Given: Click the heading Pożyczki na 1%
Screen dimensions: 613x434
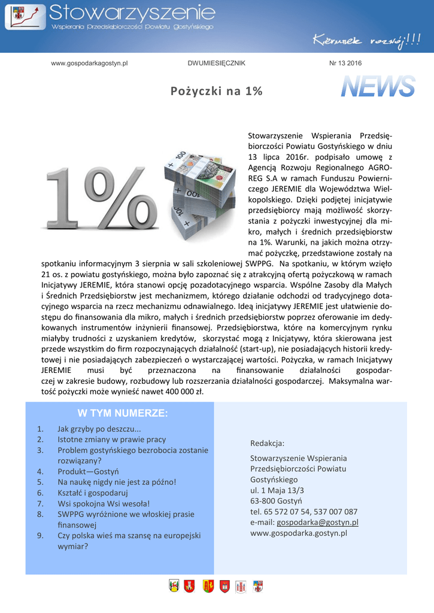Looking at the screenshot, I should [x=216, y=91].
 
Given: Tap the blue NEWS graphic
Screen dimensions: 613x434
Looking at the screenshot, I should [x=378, y=87].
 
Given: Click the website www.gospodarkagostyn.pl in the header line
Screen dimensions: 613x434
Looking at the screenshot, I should [x=90, y=63].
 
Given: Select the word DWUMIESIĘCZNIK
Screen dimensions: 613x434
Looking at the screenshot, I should [x=216, y=63].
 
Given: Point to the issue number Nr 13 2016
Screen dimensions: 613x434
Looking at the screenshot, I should [x=345, y=63].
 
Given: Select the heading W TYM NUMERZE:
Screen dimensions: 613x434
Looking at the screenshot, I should [x=123, y=414].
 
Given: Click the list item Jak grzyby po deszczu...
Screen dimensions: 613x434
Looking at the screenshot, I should [x=99, y=429].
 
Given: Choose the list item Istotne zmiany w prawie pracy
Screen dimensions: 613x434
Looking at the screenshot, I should [x=111, y=439].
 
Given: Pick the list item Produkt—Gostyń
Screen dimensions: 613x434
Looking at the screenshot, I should [x=88, y=471].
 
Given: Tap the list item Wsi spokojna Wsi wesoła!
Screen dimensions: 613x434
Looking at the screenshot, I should [x=104, y=503].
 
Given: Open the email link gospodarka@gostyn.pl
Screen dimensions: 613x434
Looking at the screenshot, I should [x=317, y=522].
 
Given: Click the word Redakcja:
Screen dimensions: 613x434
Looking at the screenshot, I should [x=267, y=444].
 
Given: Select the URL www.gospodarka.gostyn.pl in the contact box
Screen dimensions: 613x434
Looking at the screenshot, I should [x=298, y=533].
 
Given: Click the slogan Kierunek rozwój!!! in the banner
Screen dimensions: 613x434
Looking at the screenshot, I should [x=366, y=41].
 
